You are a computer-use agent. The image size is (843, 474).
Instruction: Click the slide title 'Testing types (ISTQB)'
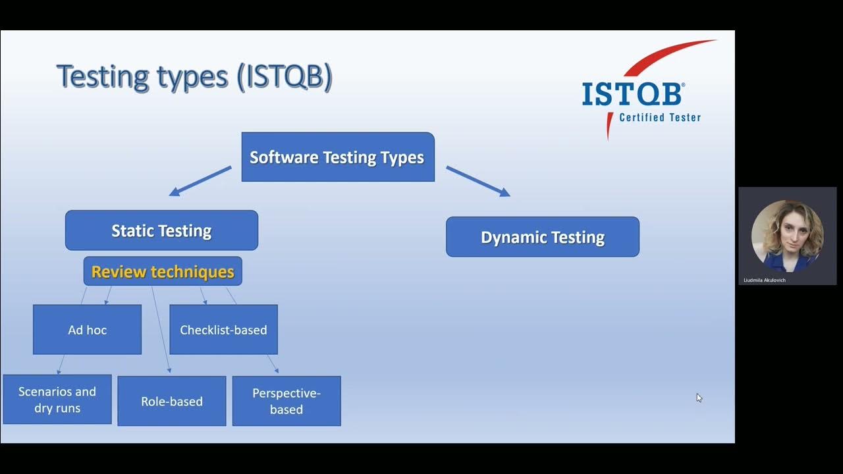[194, 78]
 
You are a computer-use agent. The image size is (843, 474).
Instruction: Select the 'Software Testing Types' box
[338, 157]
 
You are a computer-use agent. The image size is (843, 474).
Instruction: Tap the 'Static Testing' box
[161, 230]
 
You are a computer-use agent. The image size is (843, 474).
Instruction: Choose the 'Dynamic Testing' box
[543, 237]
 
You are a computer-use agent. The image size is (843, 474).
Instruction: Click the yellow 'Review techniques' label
[163, 272]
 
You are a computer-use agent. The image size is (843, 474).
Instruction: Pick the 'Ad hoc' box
[88, 330]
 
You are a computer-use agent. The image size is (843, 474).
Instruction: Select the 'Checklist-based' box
[223, 330]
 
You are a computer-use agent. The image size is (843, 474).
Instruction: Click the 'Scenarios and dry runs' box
[57, 399]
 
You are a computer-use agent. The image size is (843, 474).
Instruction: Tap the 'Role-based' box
[172, 401]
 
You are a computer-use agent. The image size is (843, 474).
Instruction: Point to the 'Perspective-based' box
[286, 401]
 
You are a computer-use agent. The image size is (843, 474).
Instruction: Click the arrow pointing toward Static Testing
[200, 181]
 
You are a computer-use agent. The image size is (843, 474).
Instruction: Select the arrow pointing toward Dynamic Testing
[478, 181]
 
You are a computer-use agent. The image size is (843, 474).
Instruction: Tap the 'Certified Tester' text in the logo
[660, 117]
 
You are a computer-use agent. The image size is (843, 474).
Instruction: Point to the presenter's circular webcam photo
[787, 236]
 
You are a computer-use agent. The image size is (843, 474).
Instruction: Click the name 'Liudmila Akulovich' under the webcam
[765, 280]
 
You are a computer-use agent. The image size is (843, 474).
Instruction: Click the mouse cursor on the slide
[699, 398]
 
